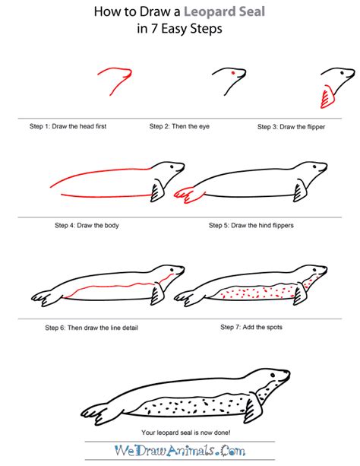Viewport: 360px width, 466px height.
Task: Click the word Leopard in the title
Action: pos(210,12)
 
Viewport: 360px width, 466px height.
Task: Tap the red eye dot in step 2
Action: pos(233,72)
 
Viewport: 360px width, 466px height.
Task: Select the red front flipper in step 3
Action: pos(327,97)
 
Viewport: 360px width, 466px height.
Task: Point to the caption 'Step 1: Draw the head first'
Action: pos(68,126)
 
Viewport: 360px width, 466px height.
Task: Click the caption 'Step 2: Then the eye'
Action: pos(179,126)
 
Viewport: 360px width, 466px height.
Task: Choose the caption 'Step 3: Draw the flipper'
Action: pos(291,127)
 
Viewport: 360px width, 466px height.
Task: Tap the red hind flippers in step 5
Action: pos(189,195)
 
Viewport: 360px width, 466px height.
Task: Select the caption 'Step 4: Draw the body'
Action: pos(87,225)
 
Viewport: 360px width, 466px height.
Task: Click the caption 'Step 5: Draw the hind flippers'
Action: pos(251,225)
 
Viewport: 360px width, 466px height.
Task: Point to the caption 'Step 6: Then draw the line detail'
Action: pos(91,328)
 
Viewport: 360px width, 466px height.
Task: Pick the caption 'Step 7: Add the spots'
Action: pos(251,327)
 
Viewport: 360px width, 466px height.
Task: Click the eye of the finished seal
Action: pos(273,375)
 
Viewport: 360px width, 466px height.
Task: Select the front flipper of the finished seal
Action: pos(254,408)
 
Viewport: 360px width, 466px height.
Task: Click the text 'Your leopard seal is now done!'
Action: pos(186,433)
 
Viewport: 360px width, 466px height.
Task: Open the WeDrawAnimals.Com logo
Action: pos(180,451)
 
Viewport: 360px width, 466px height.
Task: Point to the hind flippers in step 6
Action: pos(47,297)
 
